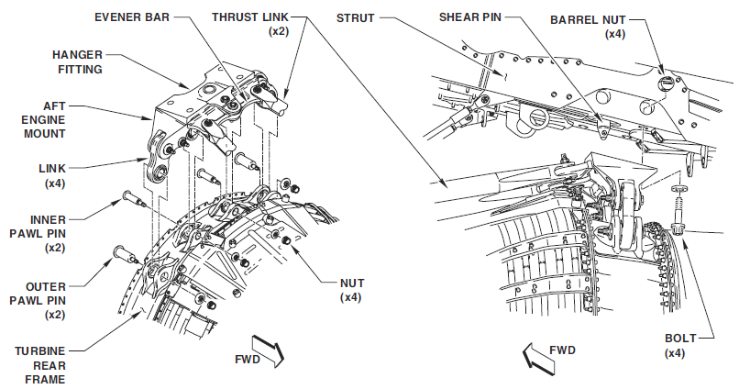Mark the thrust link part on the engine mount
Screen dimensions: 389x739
(272, 92)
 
